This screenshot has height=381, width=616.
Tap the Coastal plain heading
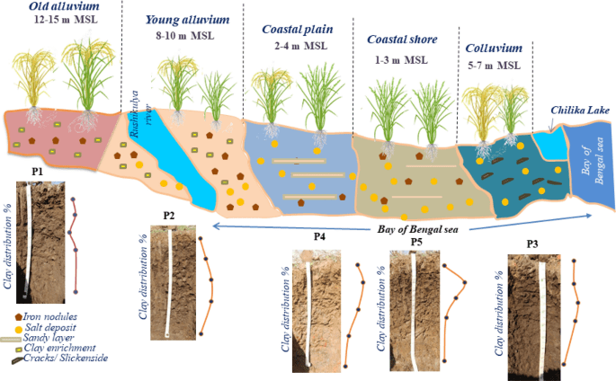pyautogui.click(x=297, y=29)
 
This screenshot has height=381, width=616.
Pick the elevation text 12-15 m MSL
pyautogui.click(x=64, y=20)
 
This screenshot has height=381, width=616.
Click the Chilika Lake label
pyautogui.click(x=580, y=111)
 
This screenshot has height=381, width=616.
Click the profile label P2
pyautogui.click(x=169, y=216)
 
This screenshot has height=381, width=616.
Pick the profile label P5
pyautogui.click(x=415, y=243)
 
